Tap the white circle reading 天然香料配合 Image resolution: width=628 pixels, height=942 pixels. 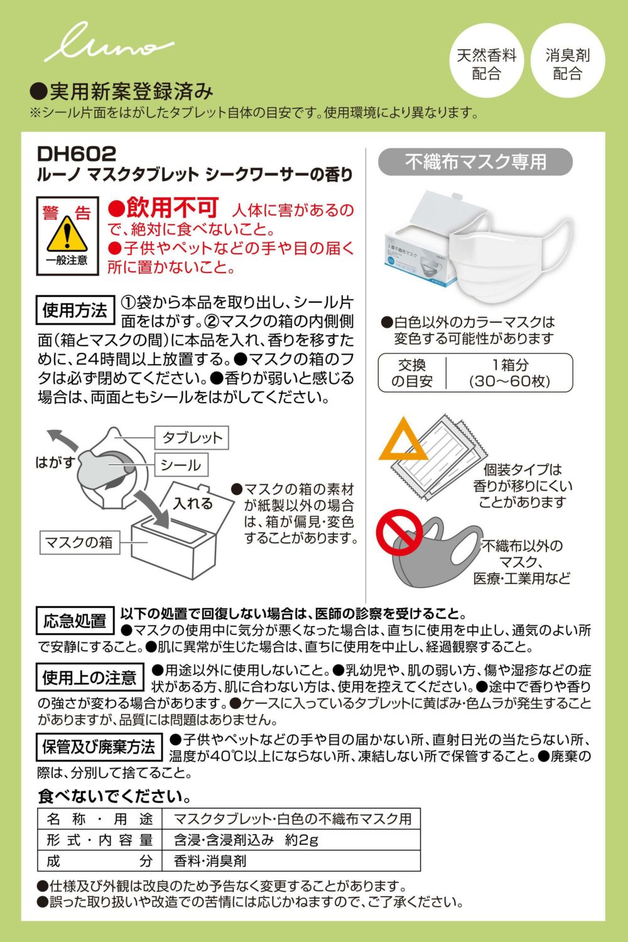pos(487,60)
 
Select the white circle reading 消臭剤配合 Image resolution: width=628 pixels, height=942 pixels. pos(568,60)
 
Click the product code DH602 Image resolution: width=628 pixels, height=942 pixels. pos(76,154)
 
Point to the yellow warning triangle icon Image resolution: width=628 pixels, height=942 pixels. pos(67,234)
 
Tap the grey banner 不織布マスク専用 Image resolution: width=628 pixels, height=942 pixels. pos(475,162)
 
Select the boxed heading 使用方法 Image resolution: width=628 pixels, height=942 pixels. pos(75,310)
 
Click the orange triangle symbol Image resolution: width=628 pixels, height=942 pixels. pos(403,440)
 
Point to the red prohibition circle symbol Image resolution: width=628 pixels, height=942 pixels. pos(399,533)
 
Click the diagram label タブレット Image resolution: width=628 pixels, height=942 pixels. pos(192,438)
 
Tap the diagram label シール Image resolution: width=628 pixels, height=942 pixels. pos(181,465)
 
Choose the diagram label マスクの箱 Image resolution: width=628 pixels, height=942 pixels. pos(80,542)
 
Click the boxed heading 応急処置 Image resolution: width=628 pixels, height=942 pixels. pos(75,620)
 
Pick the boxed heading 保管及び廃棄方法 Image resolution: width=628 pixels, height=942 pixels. pos(99,747)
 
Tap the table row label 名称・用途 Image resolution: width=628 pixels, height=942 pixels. pos(100,819)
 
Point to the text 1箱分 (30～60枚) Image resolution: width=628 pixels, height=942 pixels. pos(509,373)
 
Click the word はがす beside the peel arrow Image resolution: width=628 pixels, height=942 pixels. pos(55,462)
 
